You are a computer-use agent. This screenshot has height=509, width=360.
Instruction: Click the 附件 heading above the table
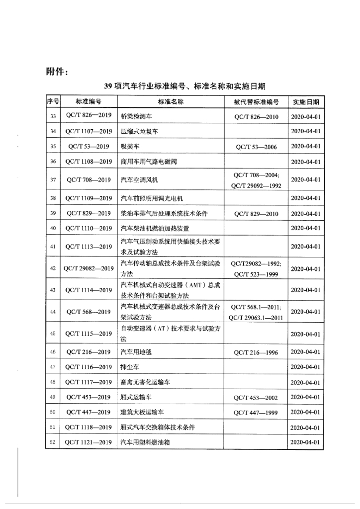pyautogui.click(x=53, y=71)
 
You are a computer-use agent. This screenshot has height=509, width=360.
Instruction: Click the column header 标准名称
pyautogui.click(x=171, y=102)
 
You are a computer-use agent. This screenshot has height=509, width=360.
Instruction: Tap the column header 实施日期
pyautogui.click(x=306, y=102)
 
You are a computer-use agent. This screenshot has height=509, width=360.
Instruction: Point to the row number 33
pyautogui.click(x=53, y=117)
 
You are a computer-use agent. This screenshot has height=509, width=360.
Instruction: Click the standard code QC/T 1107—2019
pyautogui.click(x=89, y=132)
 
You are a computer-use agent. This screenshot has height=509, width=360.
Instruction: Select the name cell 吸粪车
pyautogui.click(x=131, y=147)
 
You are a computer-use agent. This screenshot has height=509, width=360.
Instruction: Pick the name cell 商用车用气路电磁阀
pyautogui.click(x=149, y=162)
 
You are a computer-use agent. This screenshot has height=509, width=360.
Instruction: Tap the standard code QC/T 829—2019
pyautogui.click(x=89, y=213)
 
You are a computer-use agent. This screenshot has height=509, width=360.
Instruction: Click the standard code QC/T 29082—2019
pyautogui.click(x=89, y=269)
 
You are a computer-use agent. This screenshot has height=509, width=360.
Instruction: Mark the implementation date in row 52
pyautogui.click(x=306, y=442)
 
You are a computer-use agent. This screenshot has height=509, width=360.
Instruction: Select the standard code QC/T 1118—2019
pyautogui.click(x=89, y=427)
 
